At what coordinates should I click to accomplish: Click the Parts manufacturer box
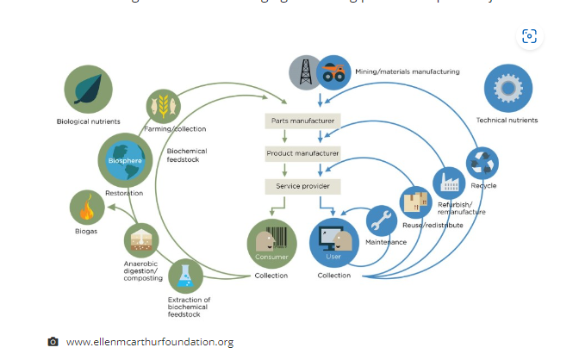point(302,121)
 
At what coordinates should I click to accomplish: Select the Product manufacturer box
point(302,153)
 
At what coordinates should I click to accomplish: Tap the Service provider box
point(302,186)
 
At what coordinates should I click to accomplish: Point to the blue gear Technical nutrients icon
point(508,90)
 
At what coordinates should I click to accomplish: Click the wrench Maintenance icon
point(382,221)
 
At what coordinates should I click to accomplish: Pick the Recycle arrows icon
point(482,164)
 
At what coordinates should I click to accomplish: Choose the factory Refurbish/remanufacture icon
point(450,183)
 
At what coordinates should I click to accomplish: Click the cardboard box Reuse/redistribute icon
point(417,202)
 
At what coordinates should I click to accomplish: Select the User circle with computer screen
point(333,244)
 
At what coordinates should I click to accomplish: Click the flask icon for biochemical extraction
point(184,276)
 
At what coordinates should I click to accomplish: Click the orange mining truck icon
point(333,71)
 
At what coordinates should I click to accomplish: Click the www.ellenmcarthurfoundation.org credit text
point(150,342)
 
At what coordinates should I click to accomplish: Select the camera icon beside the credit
point(53,342)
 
